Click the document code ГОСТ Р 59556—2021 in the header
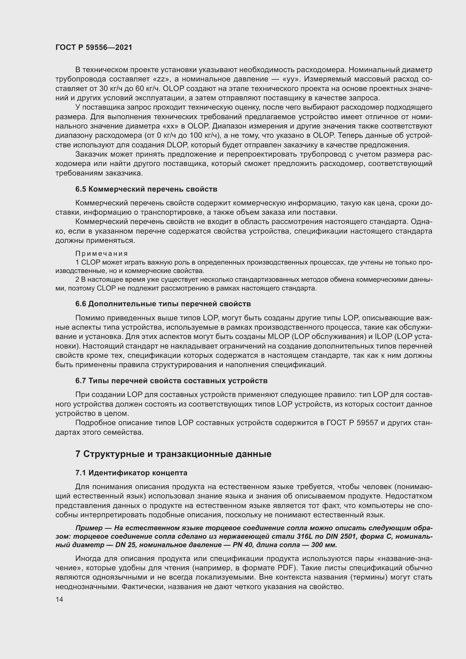(x=94, y=48)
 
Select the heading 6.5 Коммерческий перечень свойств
(x=146, y=189)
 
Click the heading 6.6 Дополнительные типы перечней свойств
(x=163, y=304)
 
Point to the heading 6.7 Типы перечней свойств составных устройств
(x=171, y=381)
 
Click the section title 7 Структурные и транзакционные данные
(x=173, y=454)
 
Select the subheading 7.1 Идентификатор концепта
(x=131, y=473)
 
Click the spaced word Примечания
(x=102, y=254)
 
